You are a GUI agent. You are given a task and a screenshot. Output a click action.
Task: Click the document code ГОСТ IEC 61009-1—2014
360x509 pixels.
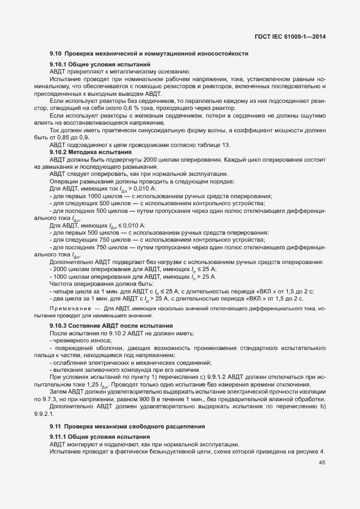pos(294,36)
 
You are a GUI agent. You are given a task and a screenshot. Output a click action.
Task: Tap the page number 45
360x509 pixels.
pos(322,463)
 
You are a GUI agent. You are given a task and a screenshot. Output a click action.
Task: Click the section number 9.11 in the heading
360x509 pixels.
pos(56,425)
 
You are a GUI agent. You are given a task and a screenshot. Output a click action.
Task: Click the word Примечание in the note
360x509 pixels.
pos(69,309)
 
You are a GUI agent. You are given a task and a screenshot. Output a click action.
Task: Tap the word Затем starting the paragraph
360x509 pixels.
pos(58,391)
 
